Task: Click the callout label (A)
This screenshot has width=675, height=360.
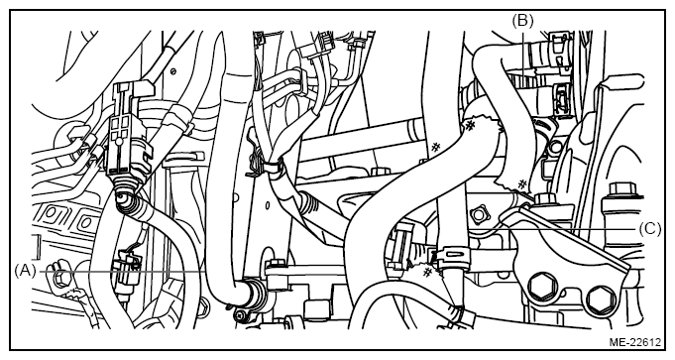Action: pyautogui.click(x=25, y=271)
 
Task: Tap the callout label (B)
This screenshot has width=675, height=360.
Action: pyautogui.click(x=522, y=20)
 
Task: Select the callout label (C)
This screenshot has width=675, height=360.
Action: pyautogui.click(x=649, y=229)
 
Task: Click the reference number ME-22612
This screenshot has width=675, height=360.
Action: pyautogui.click(x=634, y=342)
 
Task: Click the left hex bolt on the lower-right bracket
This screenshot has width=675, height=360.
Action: pyautogui.click(x=540, y=286)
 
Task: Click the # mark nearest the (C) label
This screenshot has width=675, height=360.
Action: pyautogui.click(x=521, y=184)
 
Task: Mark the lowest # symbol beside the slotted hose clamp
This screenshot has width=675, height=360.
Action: pyautogui.click(x=427, y=272)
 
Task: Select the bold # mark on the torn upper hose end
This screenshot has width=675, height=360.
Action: pyautogui.click(x=470, y=126)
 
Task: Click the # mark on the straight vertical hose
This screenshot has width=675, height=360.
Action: pyautogui.click(x=436, y=147)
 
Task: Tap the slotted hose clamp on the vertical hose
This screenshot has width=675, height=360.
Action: pyautogui.click(x=452, y=258)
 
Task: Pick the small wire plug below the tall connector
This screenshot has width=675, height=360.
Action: pyautogui.click(x=127, y=262)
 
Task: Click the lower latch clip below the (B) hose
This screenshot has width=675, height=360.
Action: pyautogui.click(x=562, y=98)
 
